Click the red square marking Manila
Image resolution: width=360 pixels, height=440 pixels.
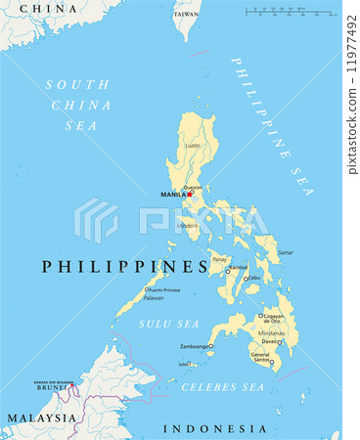tap(190, 194)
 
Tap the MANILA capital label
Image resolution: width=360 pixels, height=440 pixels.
tap(173, 195)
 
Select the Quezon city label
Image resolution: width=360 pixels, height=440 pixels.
tap(193, 187)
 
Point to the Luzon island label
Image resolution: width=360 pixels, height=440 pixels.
tap(193, 145)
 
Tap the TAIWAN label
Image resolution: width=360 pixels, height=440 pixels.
tap(186, 15)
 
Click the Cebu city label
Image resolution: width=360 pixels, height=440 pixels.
tap(255, 278)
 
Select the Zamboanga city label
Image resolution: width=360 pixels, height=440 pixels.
tap(195, 346)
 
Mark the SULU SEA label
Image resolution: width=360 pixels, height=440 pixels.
tap(167, 323)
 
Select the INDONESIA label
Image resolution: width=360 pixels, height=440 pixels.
tap(213, 428)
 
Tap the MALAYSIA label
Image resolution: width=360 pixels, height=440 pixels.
tap(41, 418)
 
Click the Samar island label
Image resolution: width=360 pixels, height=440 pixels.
tap(286, 252)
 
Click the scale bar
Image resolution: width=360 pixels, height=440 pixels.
tap(288, 12)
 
